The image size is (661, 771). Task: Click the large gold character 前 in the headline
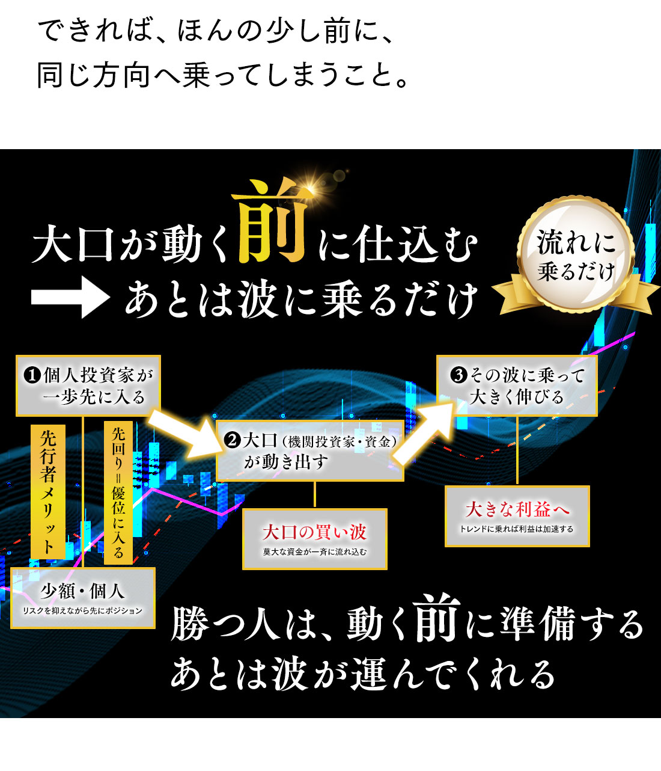point(271,221)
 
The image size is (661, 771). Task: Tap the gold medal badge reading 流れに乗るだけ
point(576,256)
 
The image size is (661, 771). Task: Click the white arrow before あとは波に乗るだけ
point(70,297)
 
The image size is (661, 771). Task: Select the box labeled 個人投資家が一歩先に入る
point(88,385)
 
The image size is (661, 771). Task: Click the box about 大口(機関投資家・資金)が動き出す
point(310,450)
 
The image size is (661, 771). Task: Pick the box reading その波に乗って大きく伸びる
point(517,385)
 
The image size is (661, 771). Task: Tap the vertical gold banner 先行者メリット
point(48,491)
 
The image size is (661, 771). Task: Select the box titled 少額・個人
point(83,598)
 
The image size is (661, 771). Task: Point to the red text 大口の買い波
point(314,532)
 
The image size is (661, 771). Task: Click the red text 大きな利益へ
point(517,509)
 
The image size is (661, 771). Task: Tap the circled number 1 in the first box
point(32,375)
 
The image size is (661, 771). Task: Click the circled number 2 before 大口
point(232,440)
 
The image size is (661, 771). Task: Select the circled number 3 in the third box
point(458,375)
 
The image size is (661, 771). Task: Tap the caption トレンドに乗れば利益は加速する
point(517,529)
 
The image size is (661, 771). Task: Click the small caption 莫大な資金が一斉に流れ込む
point(315,552)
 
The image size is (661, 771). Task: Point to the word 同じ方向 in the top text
point(93,75)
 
